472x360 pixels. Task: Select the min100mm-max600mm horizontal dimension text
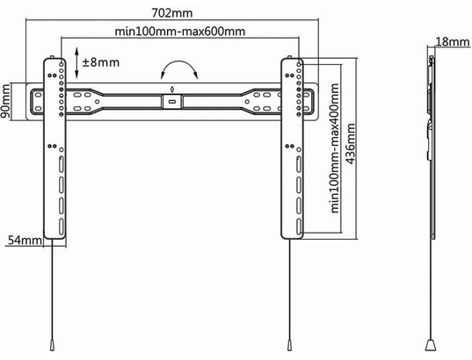click(x=180, y=32)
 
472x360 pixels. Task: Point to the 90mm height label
click(x=7, y=101)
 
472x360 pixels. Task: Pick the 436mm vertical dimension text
click(x=352, y=148)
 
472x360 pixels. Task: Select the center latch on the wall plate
click(x=171, y=99)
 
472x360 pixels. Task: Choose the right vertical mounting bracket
click(x=293, y=149)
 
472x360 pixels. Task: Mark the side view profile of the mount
click(x=430, y=145)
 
